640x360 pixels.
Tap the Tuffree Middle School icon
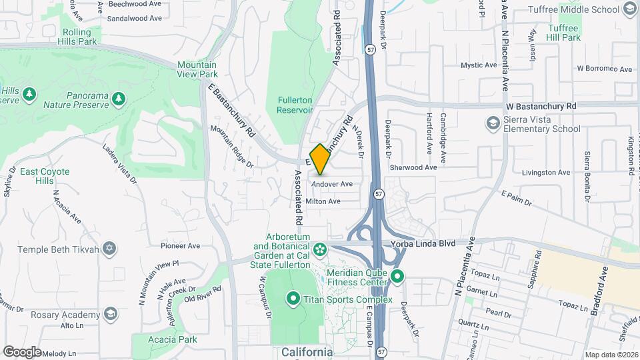pos(629,9)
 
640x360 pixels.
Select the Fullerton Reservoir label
pos(295,104)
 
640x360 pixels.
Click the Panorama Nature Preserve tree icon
pos(119,99)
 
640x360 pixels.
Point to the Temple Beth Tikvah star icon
pos(110,249)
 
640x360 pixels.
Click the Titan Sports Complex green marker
pos(293,298)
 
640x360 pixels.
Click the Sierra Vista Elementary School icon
pos(493,123)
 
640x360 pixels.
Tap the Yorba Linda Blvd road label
pos(432,244)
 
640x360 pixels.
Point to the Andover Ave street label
pos(331,184)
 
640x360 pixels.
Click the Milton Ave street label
pos(323,201)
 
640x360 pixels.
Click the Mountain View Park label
pos(197,69)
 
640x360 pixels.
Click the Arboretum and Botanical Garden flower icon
pos(321,249)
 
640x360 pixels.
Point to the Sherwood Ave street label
pos(413,167)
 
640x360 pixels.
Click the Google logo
pos(22,351)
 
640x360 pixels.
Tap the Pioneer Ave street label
pos(180,246)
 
